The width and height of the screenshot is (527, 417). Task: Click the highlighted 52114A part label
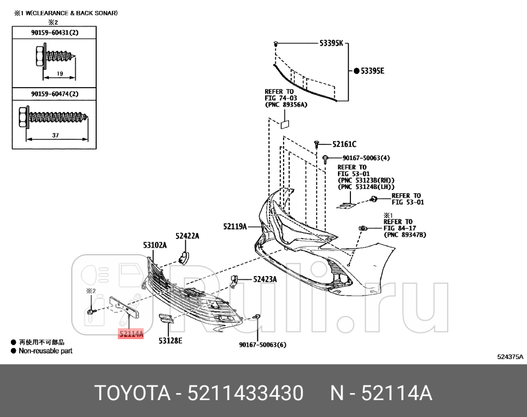(x=131, y=334)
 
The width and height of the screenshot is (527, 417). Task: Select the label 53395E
(x=373, y=71)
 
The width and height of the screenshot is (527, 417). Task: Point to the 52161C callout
(x=344, y=144)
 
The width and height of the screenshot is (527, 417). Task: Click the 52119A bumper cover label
(x=235, y=226)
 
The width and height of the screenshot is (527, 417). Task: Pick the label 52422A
(x=187, y=236)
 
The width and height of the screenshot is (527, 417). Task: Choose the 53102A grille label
(x=155, y=246)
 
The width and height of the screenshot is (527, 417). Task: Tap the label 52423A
(x=265, y=279)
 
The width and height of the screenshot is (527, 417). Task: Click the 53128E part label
(x=170, y=341)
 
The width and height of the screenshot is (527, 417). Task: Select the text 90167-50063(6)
(x=263, y=344)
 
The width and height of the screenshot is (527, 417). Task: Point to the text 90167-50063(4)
(x=366, y=158)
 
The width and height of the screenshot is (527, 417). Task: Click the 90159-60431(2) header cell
(x=55, y=33)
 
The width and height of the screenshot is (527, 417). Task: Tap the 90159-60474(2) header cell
(x=55, y=94)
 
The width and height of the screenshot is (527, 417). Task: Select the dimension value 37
(x=55, y=136)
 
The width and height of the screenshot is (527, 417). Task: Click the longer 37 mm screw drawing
(x=54, y=116)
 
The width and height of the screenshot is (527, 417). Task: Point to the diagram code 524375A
(x=510, y=357)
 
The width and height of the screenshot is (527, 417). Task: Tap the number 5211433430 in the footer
(x=245, y=393)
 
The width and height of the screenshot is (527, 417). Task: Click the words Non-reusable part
(x=46, y=351)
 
